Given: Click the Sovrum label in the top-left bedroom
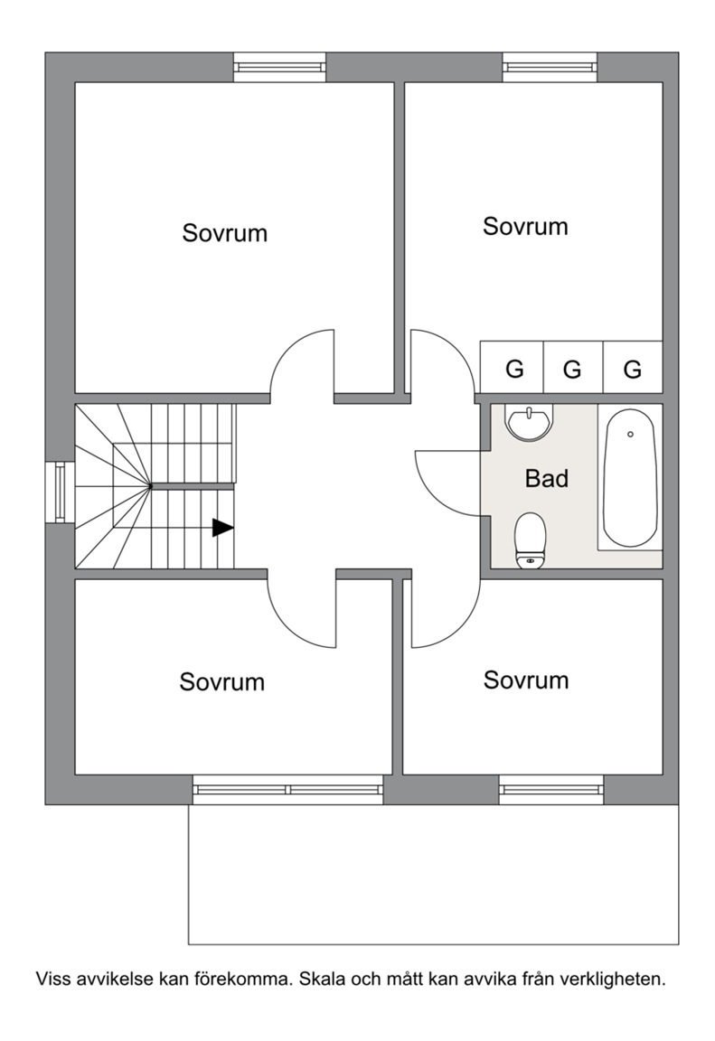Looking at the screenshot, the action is pyautogui.click(x=224, y=233).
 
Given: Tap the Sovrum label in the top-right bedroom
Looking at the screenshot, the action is pyautogui.click(x=525, y=227).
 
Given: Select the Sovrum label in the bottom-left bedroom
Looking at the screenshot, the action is pyautogui.click(x=221, y=682).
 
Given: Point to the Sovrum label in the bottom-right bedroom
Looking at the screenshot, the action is pyautogui.click(x=526, y=680).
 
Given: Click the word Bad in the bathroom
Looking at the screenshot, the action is pyautogui.click(x=546, y=478).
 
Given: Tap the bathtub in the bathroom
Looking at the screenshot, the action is pyautogui.click(x=630, y=478).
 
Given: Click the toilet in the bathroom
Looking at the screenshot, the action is pyautogui.click(x=531, y=540).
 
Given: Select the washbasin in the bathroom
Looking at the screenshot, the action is pyautogui.click(x=529, y=422).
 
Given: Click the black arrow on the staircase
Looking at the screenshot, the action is pyautogui.click(x=222, y=528).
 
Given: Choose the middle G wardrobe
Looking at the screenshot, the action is pyautogui.click(x=573, y=367).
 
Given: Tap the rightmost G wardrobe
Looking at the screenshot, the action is pyautogui.click(x=633, y=367).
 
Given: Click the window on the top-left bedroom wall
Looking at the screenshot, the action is pyautogui.click(x=279, y=68).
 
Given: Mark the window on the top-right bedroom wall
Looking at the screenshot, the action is pyautogui.click(x=549, y=68).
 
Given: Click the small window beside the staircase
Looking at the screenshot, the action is pyautogui.click(x=60, y=492).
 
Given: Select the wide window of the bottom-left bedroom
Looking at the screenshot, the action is pyautogui.click(x=288, y=790).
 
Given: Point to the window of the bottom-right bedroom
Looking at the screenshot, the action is pyautogui.click(x=551, y=790).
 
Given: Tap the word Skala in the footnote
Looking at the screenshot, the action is pyautogui.click(x=322, y=979).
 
